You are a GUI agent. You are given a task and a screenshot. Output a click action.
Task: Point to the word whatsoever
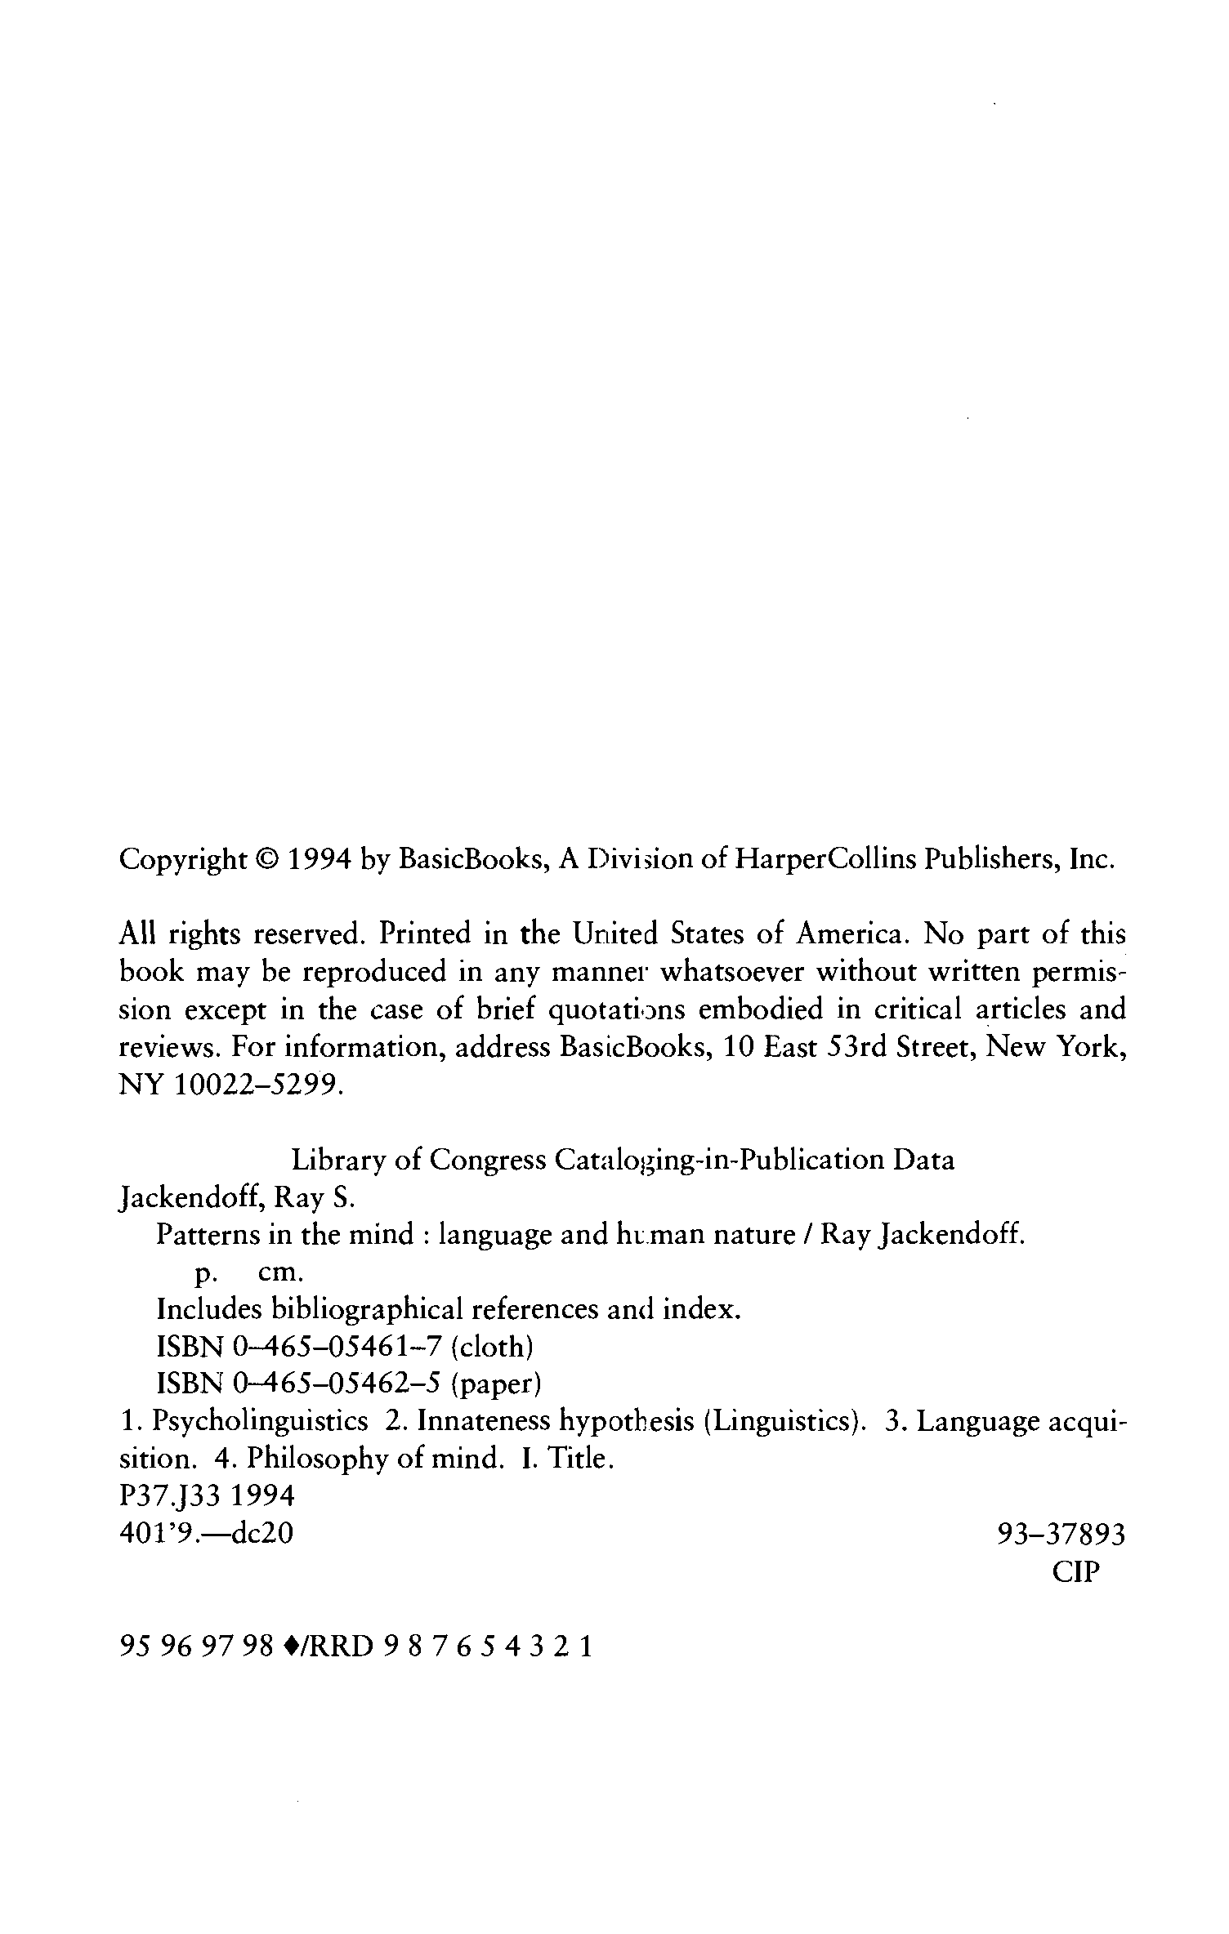pos(733,972)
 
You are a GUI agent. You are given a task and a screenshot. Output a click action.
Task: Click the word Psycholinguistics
pos(261,1422)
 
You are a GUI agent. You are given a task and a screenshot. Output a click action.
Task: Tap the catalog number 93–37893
pos(1061,1535)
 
